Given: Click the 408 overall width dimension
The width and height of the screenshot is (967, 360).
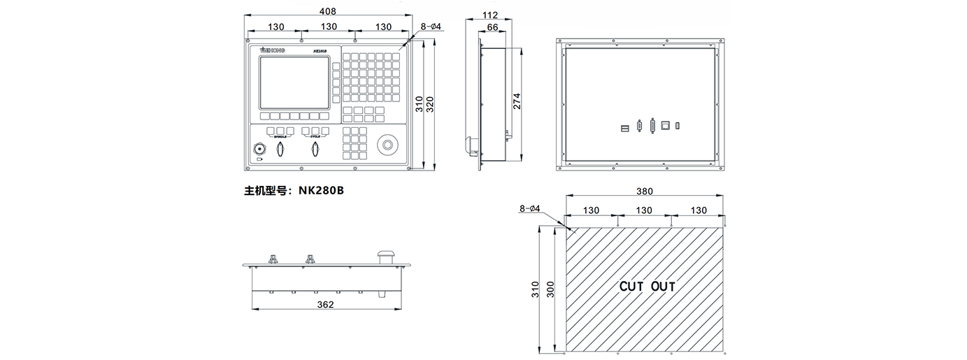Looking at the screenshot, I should (328, 11).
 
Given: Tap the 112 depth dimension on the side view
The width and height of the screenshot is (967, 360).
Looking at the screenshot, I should (490, 15).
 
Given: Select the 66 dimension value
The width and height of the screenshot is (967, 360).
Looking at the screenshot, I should (492, 27).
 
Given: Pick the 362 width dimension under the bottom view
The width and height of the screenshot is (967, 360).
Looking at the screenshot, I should (325, 304).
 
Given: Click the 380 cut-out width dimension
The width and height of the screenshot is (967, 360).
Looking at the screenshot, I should (645, 191).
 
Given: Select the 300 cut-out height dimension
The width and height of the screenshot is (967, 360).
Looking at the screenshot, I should (550, 289).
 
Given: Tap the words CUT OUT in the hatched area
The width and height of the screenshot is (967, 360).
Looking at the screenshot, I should (647, 287).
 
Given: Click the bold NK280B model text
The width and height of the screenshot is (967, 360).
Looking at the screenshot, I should (322, 189).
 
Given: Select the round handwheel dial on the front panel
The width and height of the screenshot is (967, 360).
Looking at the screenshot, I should (386, 145).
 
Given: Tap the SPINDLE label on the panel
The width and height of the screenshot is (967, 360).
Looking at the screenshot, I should (280, 137).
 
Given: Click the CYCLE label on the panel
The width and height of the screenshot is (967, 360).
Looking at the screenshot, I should (315, 137).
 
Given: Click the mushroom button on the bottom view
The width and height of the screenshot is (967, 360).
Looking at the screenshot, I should (384, 256).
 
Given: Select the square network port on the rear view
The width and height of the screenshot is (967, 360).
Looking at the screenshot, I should (666, 126).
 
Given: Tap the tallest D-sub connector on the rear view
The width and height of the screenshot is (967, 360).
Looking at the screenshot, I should (652, 126).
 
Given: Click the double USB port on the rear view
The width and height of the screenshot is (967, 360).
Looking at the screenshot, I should (625, 127).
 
